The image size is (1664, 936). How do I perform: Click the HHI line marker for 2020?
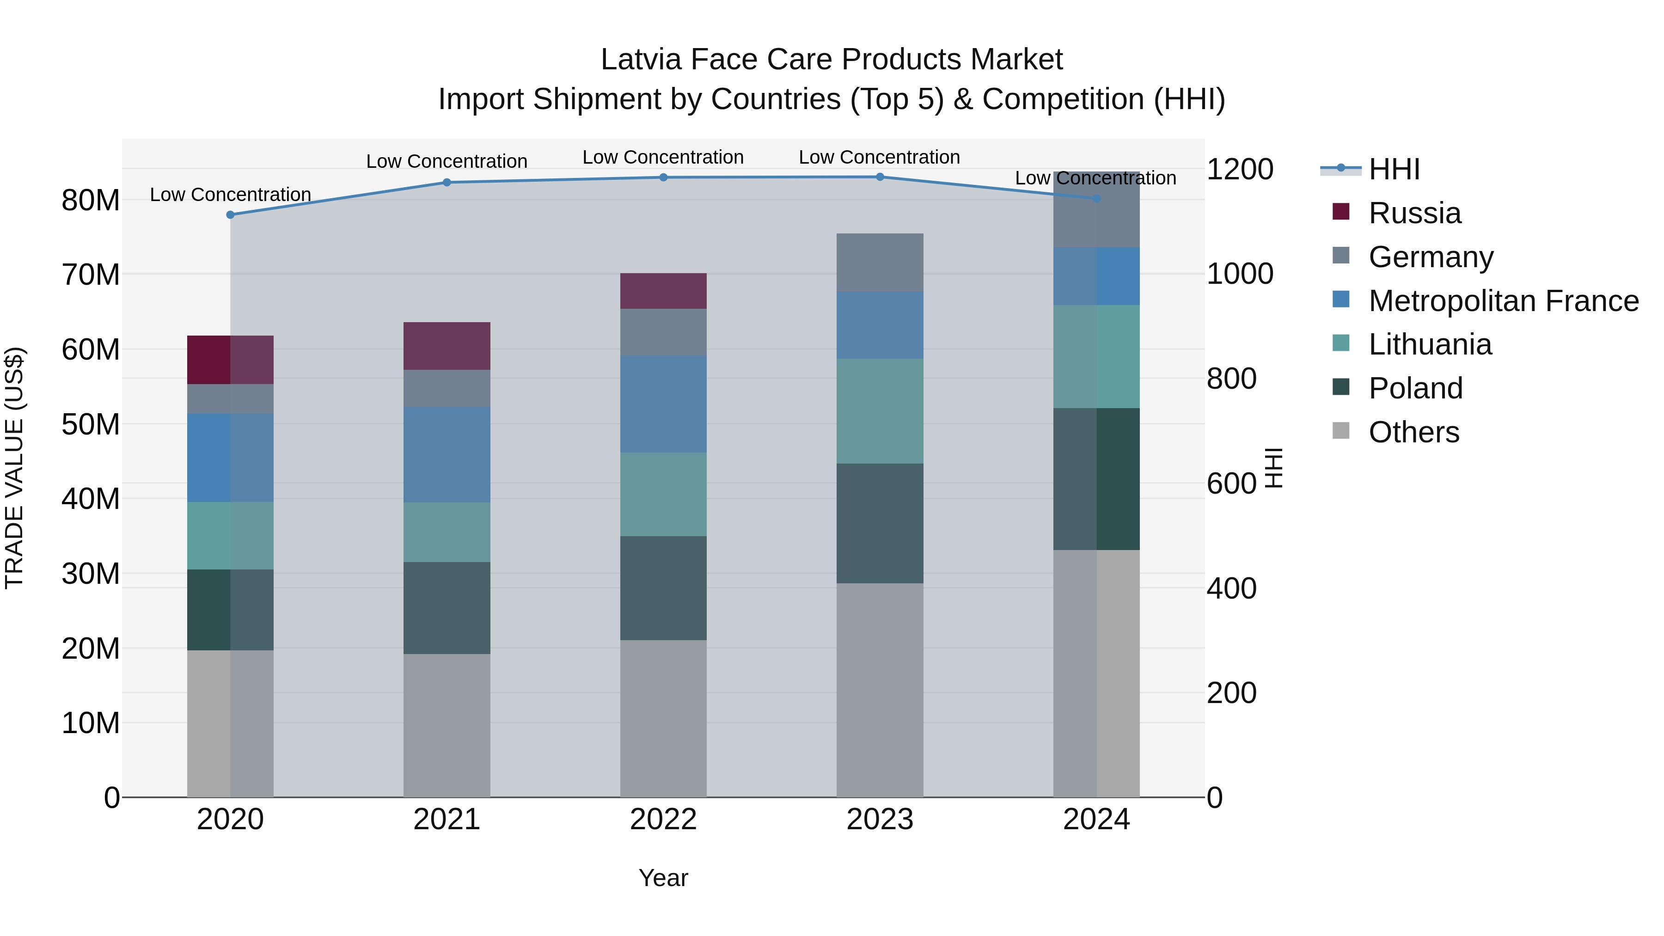tap(230, 214)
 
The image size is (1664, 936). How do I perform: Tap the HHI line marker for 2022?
tap(663, 177)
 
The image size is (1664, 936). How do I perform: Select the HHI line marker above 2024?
tap(1096, 199)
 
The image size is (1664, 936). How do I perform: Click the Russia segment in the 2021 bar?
tap(447, 346)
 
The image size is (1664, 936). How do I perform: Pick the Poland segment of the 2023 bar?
tap(880, 523)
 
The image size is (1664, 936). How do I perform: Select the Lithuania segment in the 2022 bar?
tap(663, 494)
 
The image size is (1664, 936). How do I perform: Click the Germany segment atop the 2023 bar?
tap(880, 262)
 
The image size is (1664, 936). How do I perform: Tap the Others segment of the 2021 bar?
tap(447, 725)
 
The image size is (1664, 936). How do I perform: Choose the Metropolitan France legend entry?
tap(1503, 301)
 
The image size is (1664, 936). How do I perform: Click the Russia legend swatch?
tap(1341, 212)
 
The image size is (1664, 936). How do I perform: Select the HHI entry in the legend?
tap(1394, 169)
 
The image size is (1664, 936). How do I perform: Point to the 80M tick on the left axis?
tap(91, 200)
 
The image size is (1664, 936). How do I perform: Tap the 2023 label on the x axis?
tap(880, 820)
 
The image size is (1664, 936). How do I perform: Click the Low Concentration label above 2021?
tap(447, 161)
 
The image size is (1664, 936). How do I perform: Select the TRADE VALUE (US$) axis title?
tap(14, 468)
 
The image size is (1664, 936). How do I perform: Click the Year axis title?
tap(663, 878)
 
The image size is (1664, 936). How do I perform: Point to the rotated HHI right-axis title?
tap(1273, 468)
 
